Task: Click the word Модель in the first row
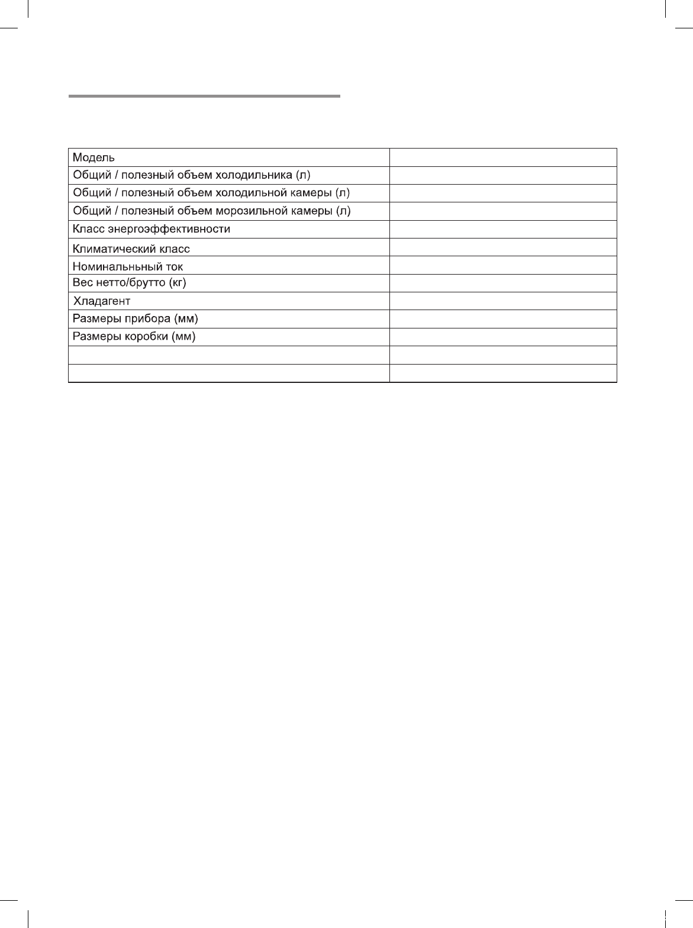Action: coord(94,157)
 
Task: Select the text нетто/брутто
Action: coord(129,283)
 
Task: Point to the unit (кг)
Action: coord(178,283)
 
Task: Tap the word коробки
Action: coord(147,337)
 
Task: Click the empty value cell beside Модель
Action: coord(503,157)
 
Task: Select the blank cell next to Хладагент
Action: coord(503,301)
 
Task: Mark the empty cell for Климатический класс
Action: coord(503,247)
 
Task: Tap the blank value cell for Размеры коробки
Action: coord(503,337)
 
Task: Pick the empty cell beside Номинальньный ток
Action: coord(503,265)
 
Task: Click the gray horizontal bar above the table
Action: coord(204,95)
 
